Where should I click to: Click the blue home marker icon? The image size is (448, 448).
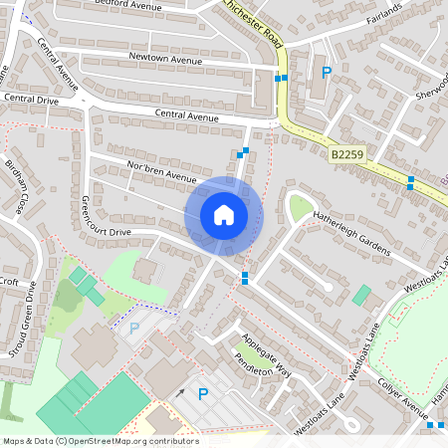(x=223, y=215)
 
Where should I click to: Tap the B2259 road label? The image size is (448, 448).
(x=346, y=155)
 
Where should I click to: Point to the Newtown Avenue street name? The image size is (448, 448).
(x=164, y=58)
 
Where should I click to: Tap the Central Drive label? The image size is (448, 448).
(x=32, y=100)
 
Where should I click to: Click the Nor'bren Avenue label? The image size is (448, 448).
(x=162, y=170)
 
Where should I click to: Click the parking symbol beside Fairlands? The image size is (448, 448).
(x=326, y=72)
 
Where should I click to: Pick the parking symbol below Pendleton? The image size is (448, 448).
(x=203, y=394)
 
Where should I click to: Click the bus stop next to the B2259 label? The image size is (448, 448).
(x=410, y=183)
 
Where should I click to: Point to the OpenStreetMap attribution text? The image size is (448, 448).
(x=100, y=440)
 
